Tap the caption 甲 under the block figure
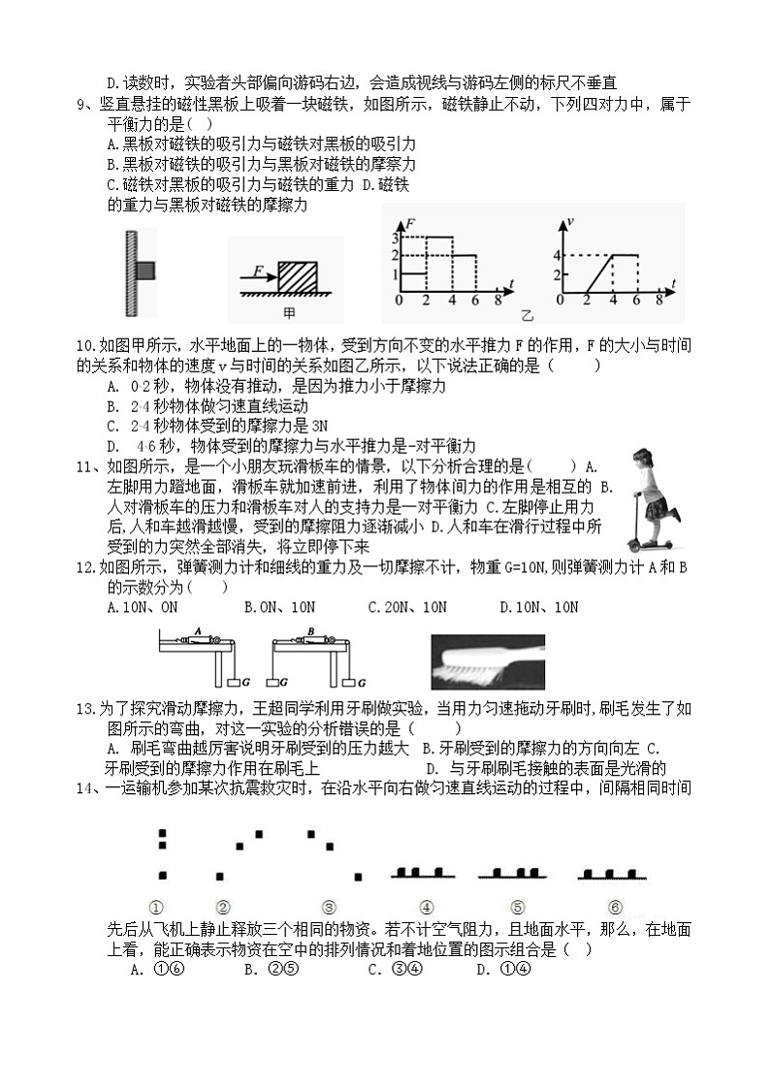point(288,313)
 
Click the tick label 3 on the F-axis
point(396,238)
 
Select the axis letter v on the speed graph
point(571,224)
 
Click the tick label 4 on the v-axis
point(558,255)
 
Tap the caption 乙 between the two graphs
point(528,315)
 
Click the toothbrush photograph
point(488,661)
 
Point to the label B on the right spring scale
point(308,630)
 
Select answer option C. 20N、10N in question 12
point(407,607)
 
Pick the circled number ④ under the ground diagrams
point(426,908)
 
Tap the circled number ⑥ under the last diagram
point(614,908)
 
